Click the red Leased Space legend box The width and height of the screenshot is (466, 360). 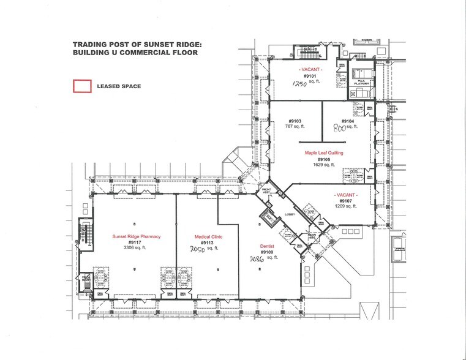click(82, 86)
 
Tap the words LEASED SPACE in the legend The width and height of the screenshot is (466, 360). click(119, 86)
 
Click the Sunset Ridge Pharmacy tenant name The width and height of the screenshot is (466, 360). click(135, 236)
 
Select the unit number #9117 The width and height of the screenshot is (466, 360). click(135, 242)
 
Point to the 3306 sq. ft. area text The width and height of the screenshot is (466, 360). click(135, 248)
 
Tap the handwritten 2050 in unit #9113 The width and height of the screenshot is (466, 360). click(195, 249)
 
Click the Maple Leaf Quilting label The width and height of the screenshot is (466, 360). click(324, 153)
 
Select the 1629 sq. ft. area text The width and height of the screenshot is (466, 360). click(324, 165)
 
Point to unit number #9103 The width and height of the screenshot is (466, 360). click(296, 121)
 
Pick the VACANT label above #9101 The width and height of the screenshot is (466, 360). click(312, 70)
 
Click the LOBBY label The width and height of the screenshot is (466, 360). click(290, 214)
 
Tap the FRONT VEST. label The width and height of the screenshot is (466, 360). click(267, 191)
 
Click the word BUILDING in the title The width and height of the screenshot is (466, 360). click(91, 53)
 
